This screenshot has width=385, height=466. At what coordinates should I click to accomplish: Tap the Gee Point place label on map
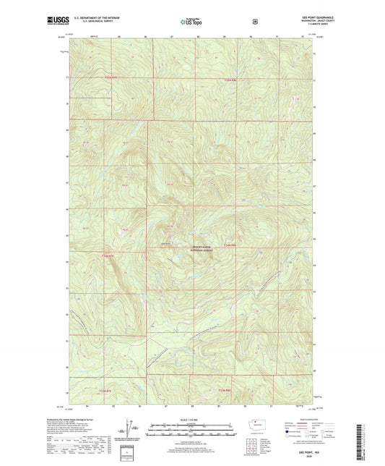165,244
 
